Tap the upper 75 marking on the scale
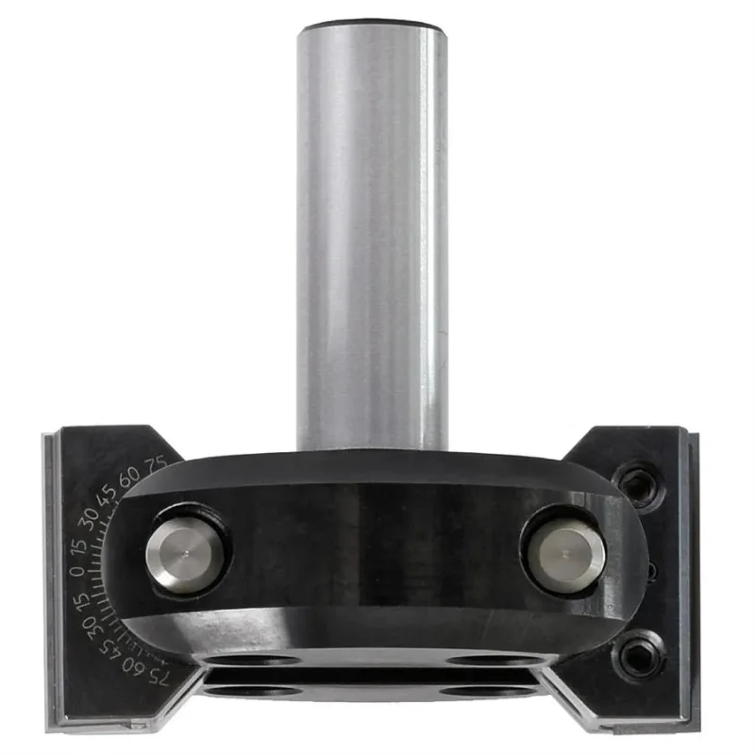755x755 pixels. coord(155,465)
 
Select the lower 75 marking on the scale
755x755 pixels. coord(159,679)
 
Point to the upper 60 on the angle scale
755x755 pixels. coord(129,477)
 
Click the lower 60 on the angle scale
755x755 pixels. coord(133,667)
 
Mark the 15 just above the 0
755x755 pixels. coord(78,545)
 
